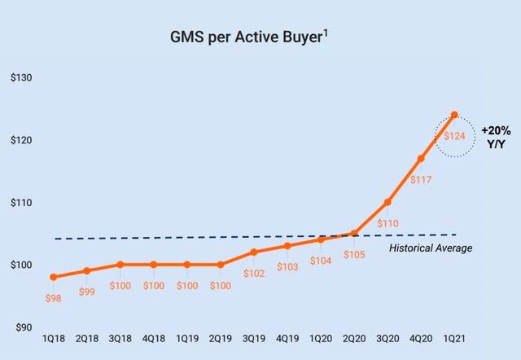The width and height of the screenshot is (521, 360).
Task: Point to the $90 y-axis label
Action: tap(23, 327)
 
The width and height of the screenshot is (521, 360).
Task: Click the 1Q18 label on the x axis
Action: tap(53, 340)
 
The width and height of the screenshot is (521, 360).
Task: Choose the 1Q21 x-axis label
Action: tap(454, 340)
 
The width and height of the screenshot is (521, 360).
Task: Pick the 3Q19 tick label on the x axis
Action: tap(253, 340)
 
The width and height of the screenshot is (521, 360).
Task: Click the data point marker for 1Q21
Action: tap(454, 115)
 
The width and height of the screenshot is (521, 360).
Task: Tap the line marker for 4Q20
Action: tap(421, 158)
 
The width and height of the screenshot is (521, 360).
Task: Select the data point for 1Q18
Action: tap(53, 277)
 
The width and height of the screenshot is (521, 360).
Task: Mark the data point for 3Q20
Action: tap(387, 202)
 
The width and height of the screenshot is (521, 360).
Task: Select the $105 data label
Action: tap(354, 253)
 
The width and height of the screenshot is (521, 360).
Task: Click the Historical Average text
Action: tap(430, 248)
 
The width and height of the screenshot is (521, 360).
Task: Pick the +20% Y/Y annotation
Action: tap(494, 137)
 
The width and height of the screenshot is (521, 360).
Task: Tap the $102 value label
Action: tap(253, 273)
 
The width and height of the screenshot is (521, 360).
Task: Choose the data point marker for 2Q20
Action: tap(354, 234)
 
